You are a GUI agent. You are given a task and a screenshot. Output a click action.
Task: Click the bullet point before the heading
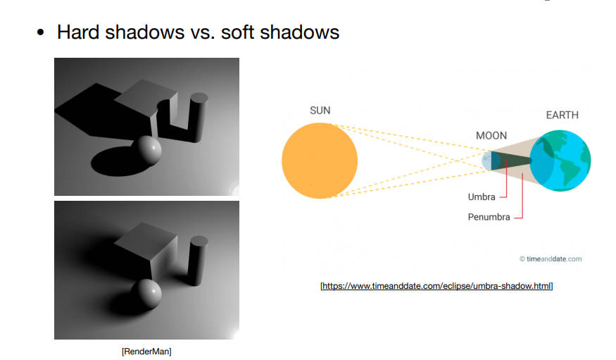tap(40, 32)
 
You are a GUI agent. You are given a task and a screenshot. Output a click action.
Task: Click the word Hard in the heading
tap(77, 32)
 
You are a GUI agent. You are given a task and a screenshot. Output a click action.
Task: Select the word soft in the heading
tap(237, 32)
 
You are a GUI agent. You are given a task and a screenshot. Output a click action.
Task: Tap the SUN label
tap(320, 111)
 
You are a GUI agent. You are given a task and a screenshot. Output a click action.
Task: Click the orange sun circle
tap(320, 161)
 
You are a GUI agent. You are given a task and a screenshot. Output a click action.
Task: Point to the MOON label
tap(491, 135)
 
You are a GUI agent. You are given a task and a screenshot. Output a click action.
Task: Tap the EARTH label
tap(562, 115)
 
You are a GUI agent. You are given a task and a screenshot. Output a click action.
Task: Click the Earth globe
tap(560, 161)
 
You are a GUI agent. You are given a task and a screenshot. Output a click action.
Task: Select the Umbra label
tap(482, 197)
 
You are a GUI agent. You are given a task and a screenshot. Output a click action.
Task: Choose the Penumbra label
tap(489, 217)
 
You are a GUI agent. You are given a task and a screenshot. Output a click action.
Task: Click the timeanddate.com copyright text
tap(551, 259)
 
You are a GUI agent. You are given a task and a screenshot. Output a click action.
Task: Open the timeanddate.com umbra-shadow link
tap(436, 286)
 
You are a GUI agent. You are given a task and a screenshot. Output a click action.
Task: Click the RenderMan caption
tap(146, 352)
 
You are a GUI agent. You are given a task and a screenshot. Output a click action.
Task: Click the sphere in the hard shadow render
tap(146, 151)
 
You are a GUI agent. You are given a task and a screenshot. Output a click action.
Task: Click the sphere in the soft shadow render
tap(146, 294)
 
